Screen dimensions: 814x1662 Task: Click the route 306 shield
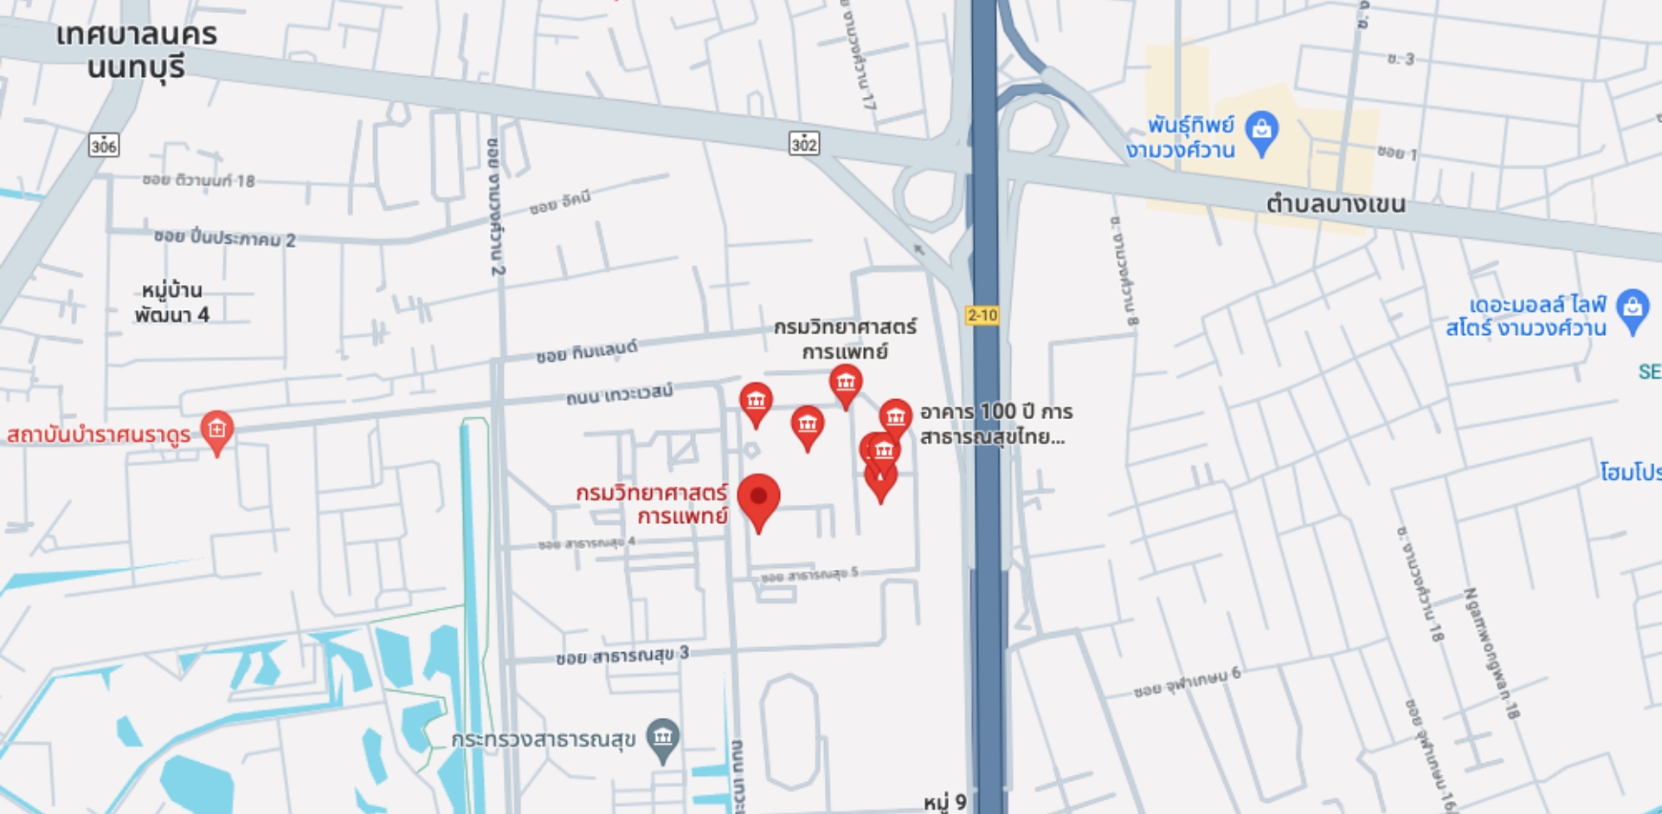point(104,145)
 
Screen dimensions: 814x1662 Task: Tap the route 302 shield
point(804,144)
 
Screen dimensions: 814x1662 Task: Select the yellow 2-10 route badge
point(982,315)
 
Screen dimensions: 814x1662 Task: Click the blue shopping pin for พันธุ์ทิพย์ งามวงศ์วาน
point(1261,132)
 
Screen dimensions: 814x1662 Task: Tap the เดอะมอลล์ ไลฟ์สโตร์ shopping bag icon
point(1632,309)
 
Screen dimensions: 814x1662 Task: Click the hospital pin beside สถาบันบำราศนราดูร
point(216,430)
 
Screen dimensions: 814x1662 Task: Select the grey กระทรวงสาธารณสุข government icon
point(663,739)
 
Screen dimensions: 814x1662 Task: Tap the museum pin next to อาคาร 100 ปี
point(895,417)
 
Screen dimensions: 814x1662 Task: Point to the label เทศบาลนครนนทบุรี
point(137,50)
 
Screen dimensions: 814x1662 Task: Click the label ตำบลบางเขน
point(1336,204)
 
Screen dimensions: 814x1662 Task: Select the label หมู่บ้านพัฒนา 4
point(171,302)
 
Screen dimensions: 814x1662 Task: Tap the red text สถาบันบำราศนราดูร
point(99,434)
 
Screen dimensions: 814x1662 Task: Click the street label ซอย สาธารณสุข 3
point(622,656)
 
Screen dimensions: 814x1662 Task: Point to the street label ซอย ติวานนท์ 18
point(198,180)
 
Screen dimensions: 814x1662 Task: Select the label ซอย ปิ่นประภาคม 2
point(224,237)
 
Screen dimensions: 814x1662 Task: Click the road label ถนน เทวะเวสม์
point(619,394)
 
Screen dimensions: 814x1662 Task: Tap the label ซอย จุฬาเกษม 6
point(1187,683)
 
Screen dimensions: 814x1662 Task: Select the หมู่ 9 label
point(944,802)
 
